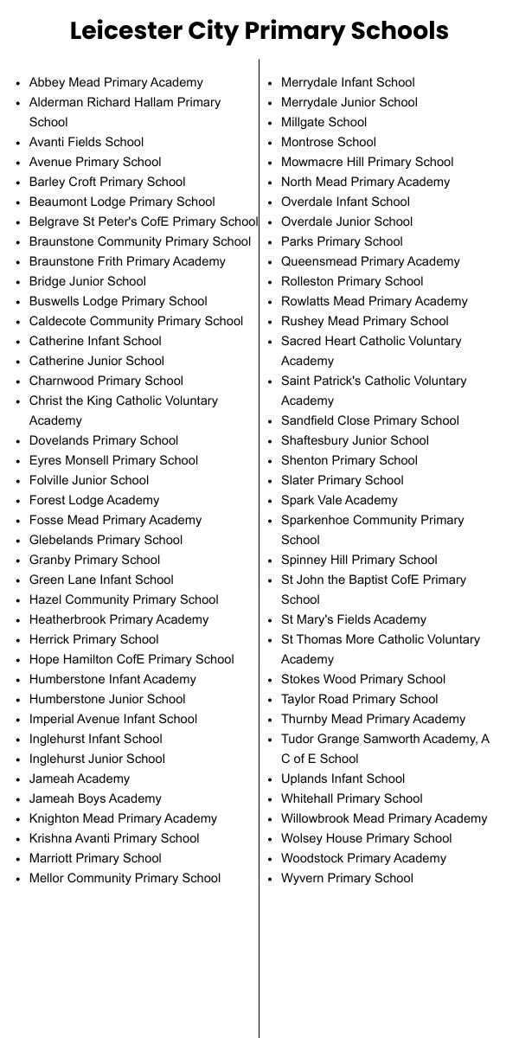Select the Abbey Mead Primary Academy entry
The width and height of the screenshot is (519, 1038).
116,82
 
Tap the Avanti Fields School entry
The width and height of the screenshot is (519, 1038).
86,142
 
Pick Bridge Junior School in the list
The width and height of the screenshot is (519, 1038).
87,281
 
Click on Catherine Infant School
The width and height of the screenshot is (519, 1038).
95,341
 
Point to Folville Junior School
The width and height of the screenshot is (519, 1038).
89,480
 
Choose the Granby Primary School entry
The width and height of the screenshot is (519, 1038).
94,560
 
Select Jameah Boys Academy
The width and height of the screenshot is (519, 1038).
95,798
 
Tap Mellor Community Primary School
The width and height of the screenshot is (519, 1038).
125,878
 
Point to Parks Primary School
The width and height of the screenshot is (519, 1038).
342,241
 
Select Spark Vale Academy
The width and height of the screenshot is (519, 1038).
339,500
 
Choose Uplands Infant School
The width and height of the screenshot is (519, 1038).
343,778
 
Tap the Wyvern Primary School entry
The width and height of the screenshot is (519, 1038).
347,878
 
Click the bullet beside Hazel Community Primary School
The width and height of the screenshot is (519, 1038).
18,600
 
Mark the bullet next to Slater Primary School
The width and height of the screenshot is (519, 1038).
270,481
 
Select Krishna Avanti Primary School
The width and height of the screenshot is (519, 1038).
114,838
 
